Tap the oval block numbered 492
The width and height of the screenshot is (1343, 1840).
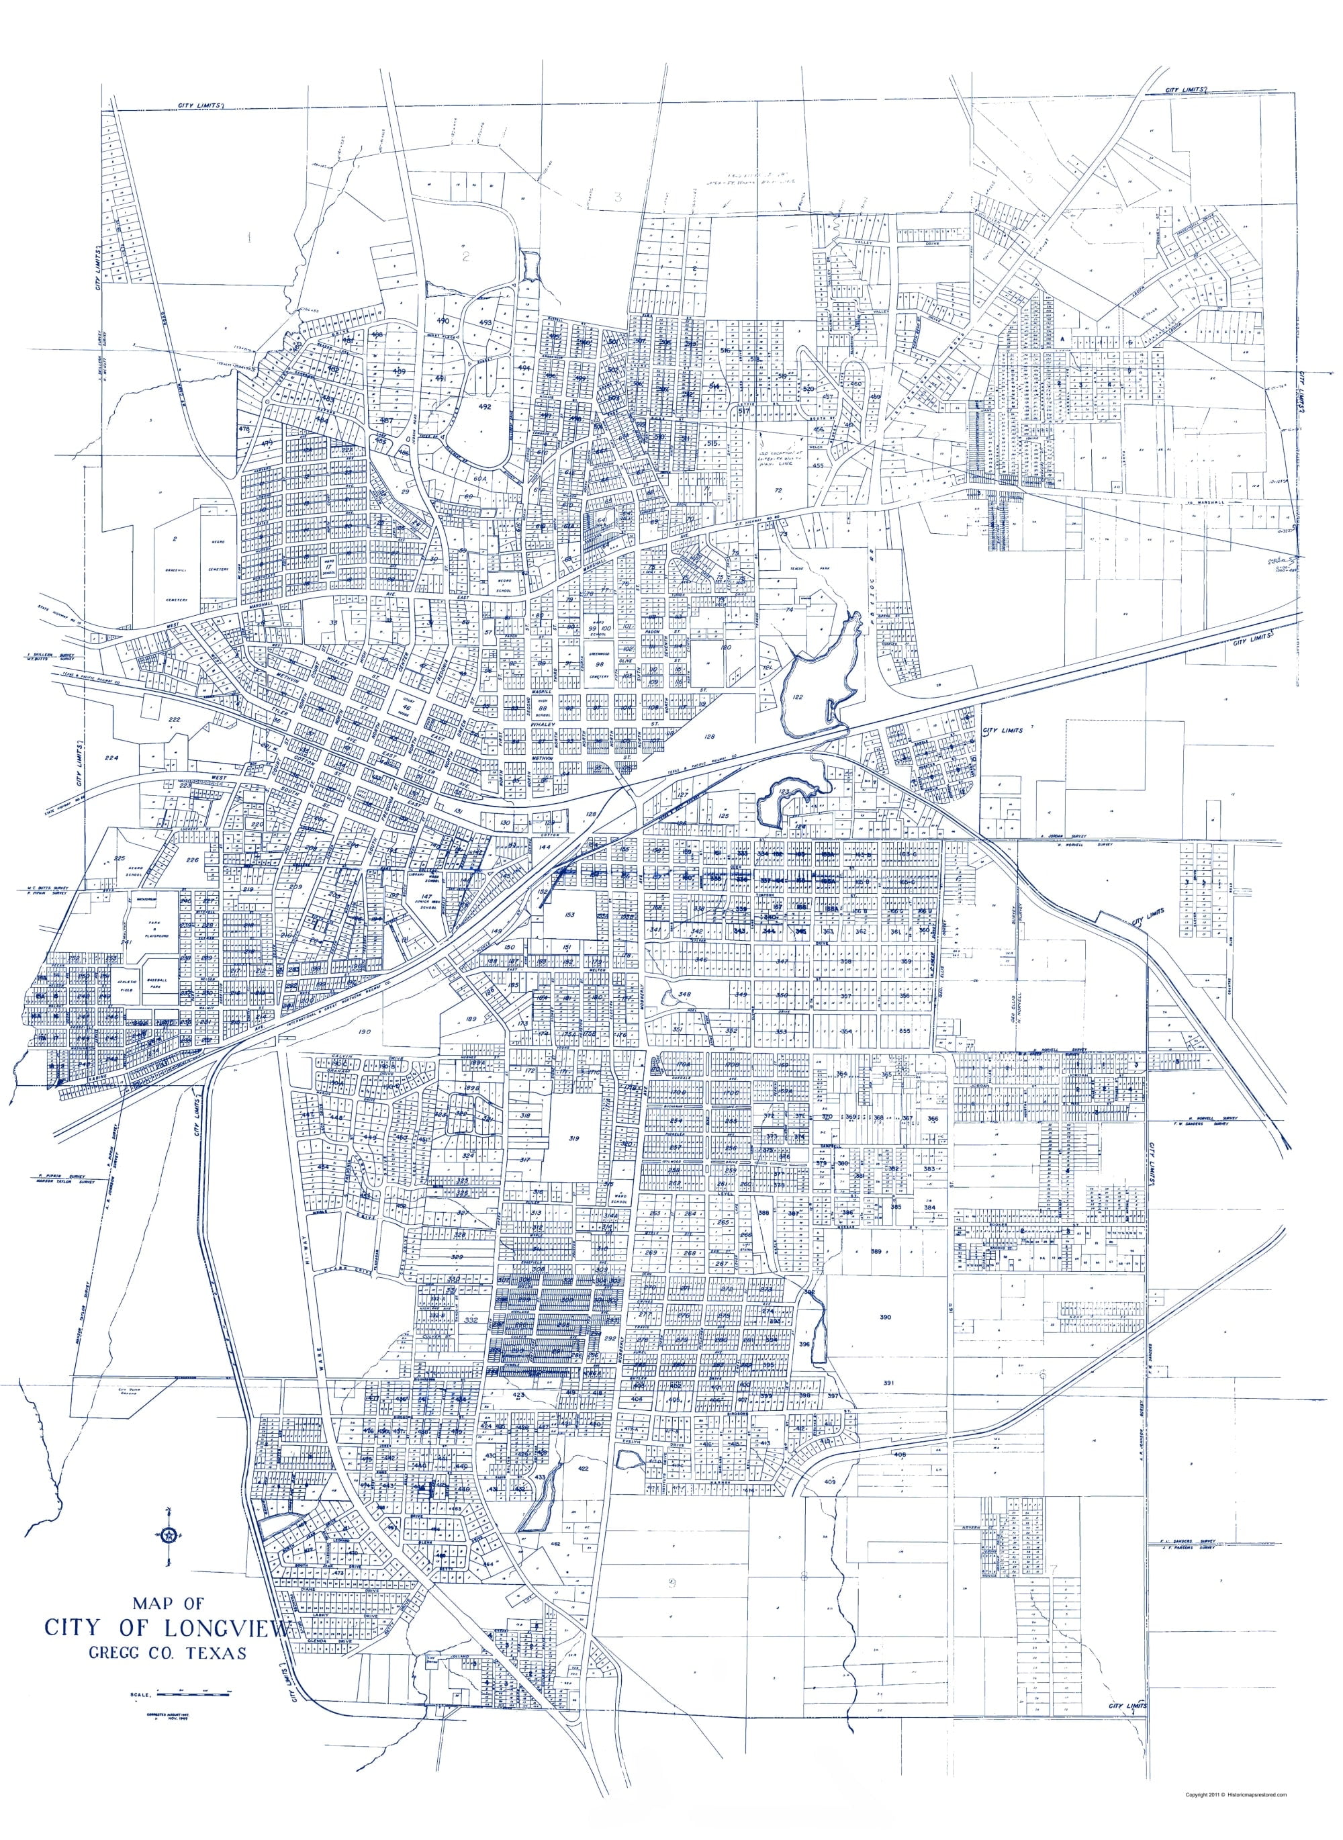(485, 406)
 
